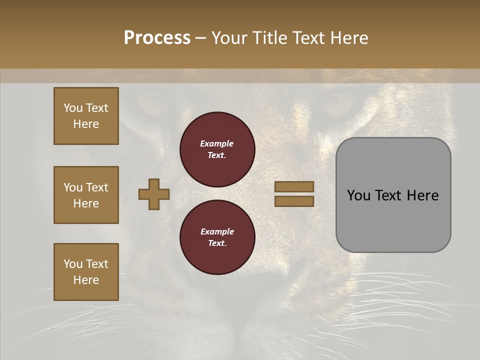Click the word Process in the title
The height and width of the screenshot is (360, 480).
(157, 37)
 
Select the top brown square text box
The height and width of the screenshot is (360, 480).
(86, 116)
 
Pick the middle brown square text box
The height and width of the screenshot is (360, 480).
(86, 195)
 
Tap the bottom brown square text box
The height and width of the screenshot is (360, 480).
(86, 272)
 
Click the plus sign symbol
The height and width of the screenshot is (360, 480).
(154, 194)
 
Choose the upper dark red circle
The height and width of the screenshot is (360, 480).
(217, 149)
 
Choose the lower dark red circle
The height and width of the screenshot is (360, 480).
(217, 237)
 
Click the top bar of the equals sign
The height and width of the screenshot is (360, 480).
(294, 186)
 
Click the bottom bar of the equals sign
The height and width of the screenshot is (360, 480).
(294, 201)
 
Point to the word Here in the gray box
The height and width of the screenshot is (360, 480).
(422, 195)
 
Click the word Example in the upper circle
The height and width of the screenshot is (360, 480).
(217, 143)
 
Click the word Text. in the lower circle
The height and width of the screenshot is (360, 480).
(217, 243)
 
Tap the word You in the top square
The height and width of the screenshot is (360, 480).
(73, 108)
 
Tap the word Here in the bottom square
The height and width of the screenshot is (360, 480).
(86, 280)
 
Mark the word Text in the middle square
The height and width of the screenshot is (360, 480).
(97, 187)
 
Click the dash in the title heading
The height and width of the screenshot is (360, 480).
(200, 38)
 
